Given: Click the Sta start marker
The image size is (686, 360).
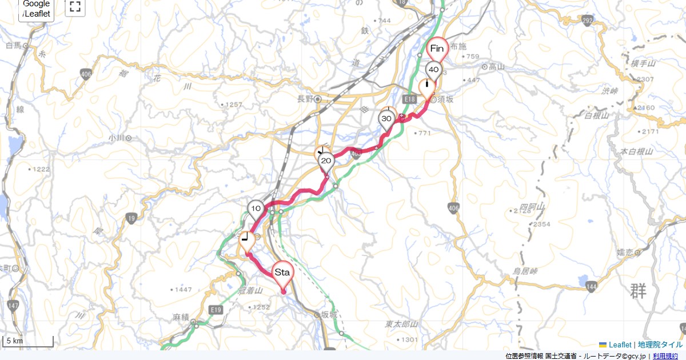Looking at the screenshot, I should tap(282, 273).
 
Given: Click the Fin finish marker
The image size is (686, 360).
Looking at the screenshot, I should tap(437, 49).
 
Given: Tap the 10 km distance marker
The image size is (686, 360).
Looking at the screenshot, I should tap(256, 209).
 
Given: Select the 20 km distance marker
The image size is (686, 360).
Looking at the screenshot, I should tap(326, 161).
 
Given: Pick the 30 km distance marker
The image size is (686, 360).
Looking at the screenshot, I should tap(386, 119).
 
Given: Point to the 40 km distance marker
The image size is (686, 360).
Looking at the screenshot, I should tap(434, 70).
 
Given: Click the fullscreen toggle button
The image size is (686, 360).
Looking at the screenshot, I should tap(75, 7).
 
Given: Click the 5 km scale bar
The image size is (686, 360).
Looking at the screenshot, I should tap(28, 341).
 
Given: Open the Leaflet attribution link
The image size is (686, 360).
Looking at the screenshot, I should tap(620, 345).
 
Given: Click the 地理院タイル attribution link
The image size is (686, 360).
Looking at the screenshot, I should tap(660, 345).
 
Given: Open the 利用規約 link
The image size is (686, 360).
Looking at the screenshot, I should tap(665, 356).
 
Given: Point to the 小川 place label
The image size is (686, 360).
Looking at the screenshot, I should tap(117, 138).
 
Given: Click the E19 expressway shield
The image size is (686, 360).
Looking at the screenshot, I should tap(216, 310).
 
